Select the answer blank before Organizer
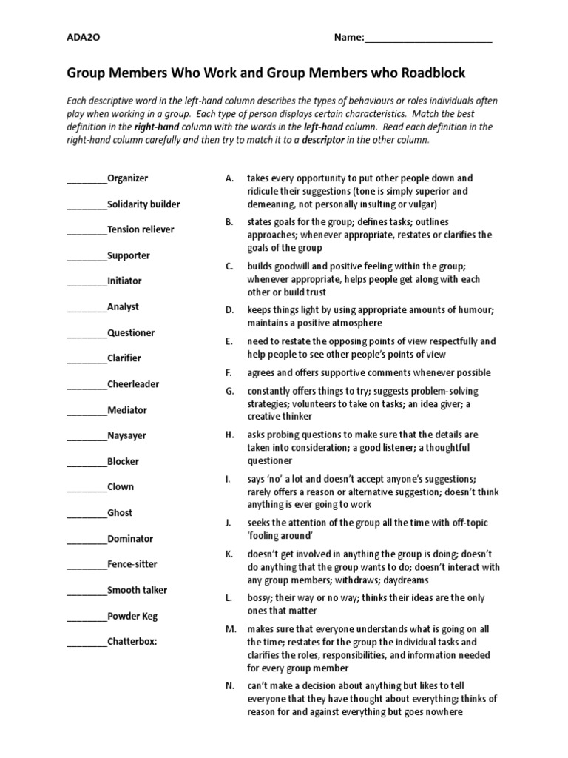pos(87,179)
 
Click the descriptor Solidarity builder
pos(143,204)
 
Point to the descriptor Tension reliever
pos(141,229)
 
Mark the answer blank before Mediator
pos(87,411)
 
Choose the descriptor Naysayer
pos(126,436)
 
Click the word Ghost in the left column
pos(120,513)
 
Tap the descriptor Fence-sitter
pos(132,565)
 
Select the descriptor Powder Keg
pos(132,616)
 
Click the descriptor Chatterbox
pos(132,642)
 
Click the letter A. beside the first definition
pos(229,178)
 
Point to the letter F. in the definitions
pos(229,372)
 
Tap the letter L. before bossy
pos(229,598)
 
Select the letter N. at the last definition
pos(229,686)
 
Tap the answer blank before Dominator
pos(87,540)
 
